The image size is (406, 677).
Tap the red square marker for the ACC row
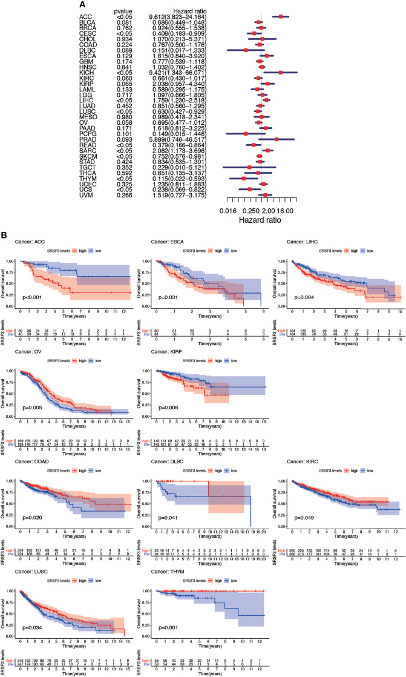click(x=281, y=17)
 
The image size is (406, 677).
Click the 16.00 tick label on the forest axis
click(x=286, y=211)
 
